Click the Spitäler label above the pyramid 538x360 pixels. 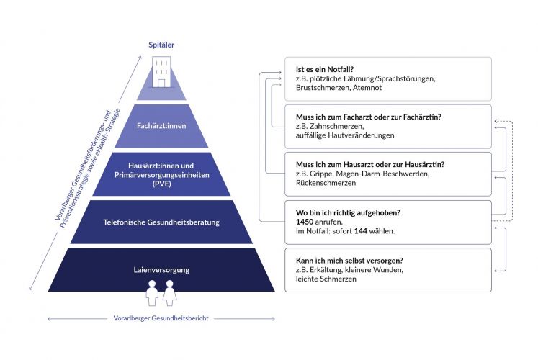(x=161, y=45)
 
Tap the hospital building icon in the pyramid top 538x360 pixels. (x=161, y=73)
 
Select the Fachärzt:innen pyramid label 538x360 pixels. (x=161, y=126)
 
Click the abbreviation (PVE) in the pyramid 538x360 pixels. (x=161, y=184)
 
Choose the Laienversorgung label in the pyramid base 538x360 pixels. (x=161, y=270)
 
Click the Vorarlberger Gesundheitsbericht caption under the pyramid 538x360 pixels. (x=161, y=318)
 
